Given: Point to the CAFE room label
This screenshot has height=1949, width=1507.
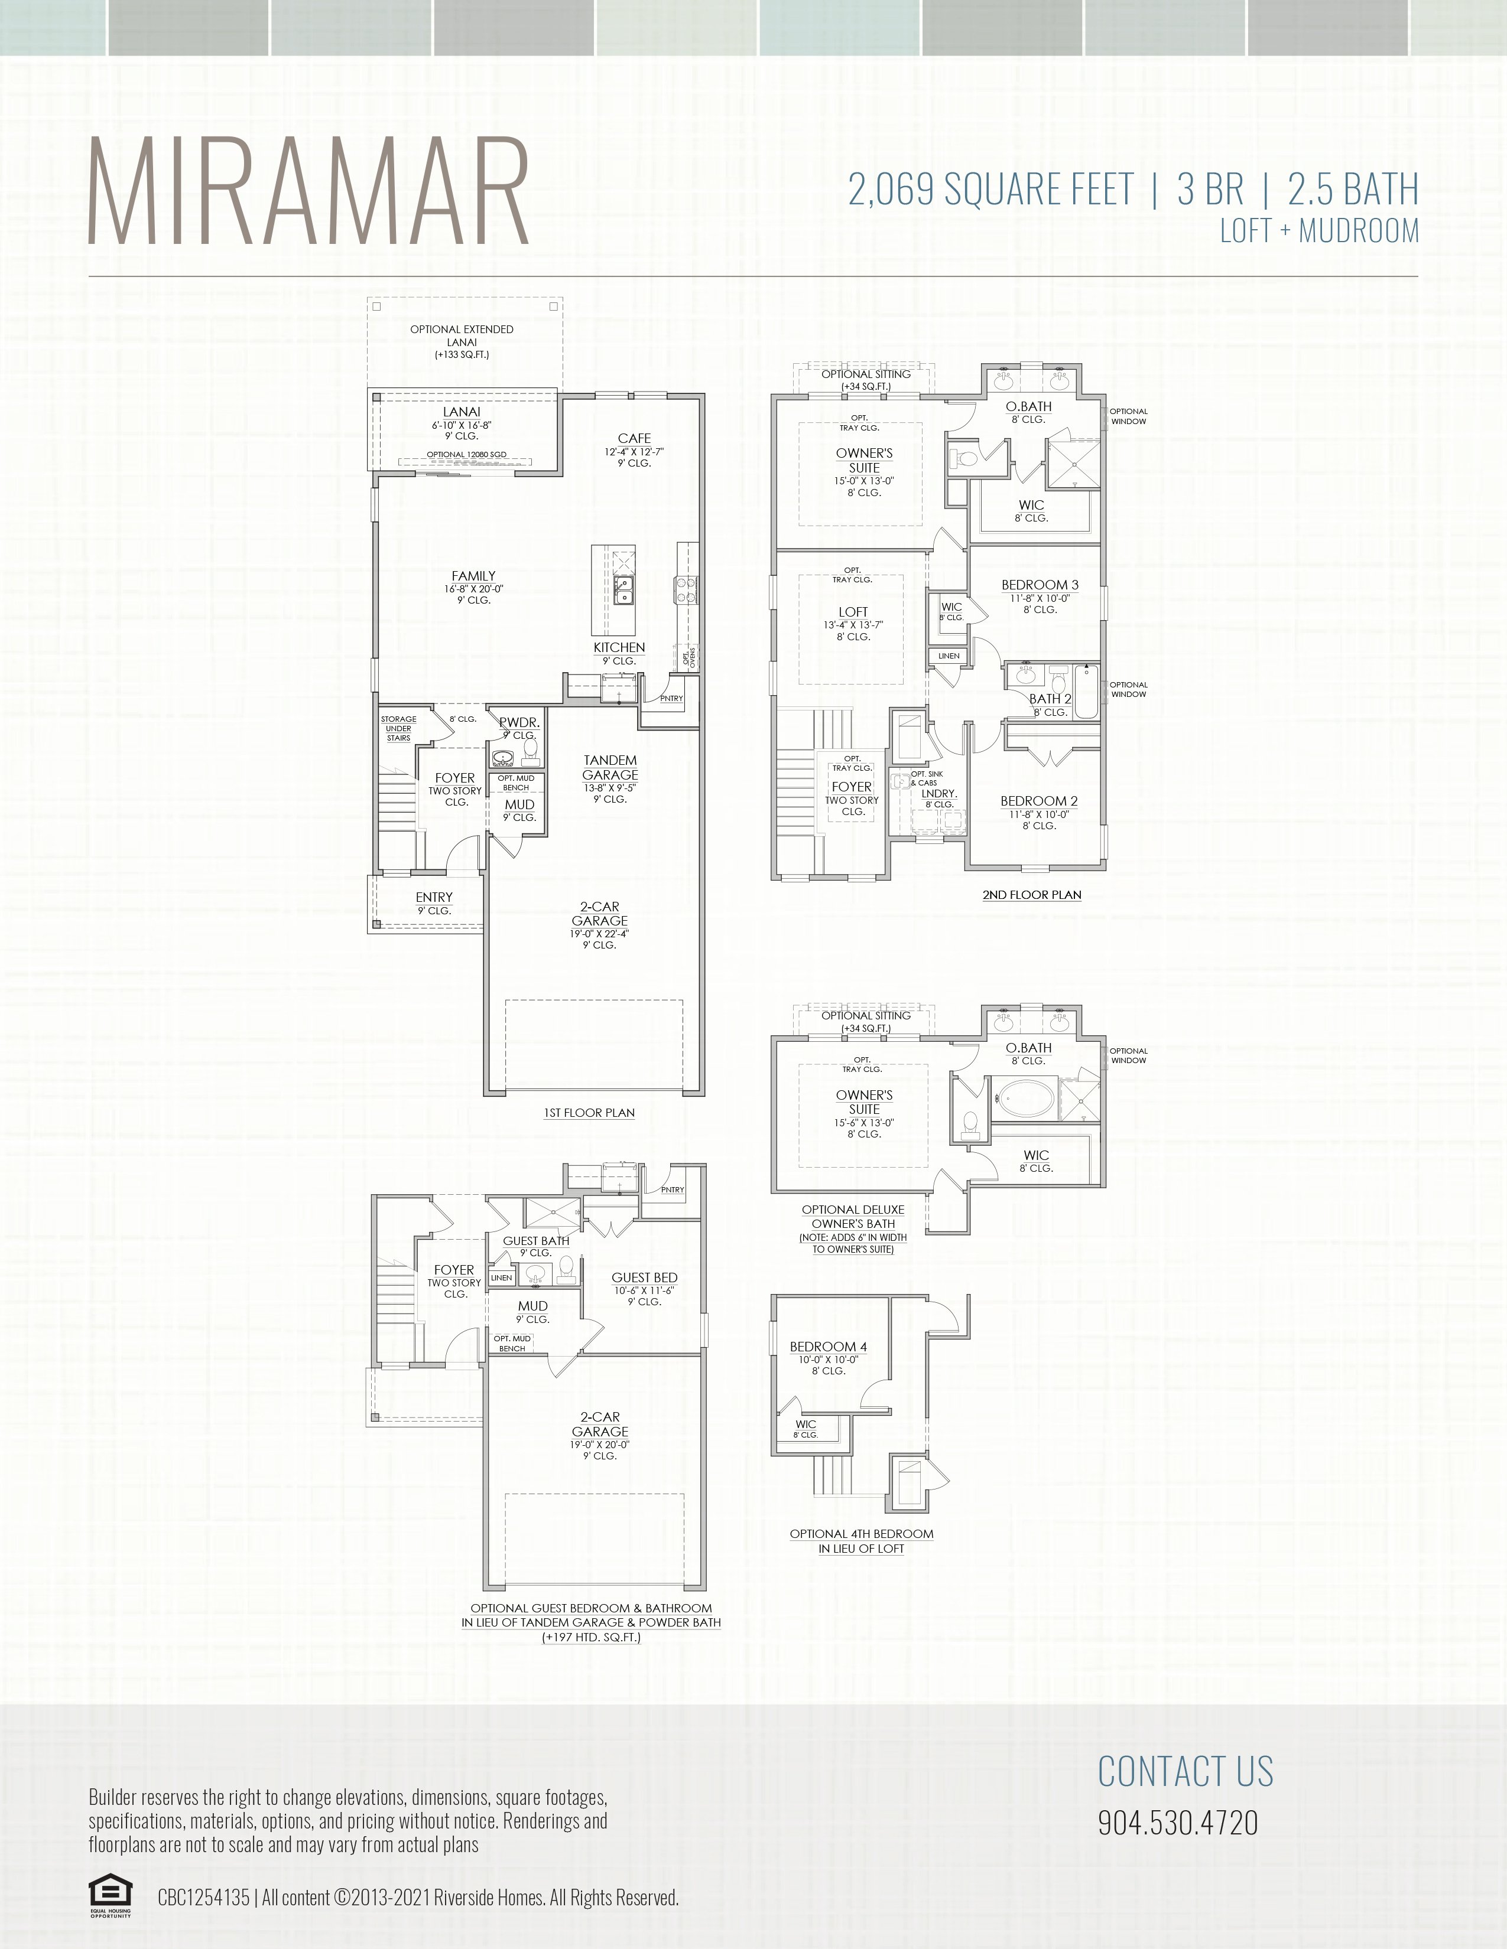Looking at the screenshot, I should [634, 438].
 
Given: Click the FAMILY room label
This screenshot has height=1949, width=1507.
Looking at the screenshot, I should [473, 576].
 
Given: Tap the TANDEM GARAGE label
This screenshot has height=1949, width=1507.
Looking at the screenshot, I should [610, 767].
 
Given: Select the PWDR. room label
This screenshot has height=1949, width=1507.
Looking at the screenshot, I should [519, 723].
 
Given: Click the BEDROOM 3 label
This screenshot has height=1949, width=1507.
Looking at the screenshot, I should [1039, 585].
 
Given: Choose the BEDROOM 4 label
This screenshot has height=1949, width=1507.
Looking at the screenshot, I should [827, 1347].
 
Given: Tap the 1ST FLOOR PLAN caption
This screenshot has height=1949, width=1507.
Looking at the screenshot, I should [589, 1113].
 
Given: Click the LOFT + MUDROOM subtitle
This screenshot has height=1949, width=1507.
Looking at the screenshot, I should [1318, 231].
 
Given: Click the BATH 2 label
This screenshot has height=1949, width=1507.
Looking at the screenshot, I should [1050, 699].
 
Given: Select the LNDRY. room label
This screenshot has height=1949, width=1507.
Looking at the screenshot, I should [939, 793].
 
